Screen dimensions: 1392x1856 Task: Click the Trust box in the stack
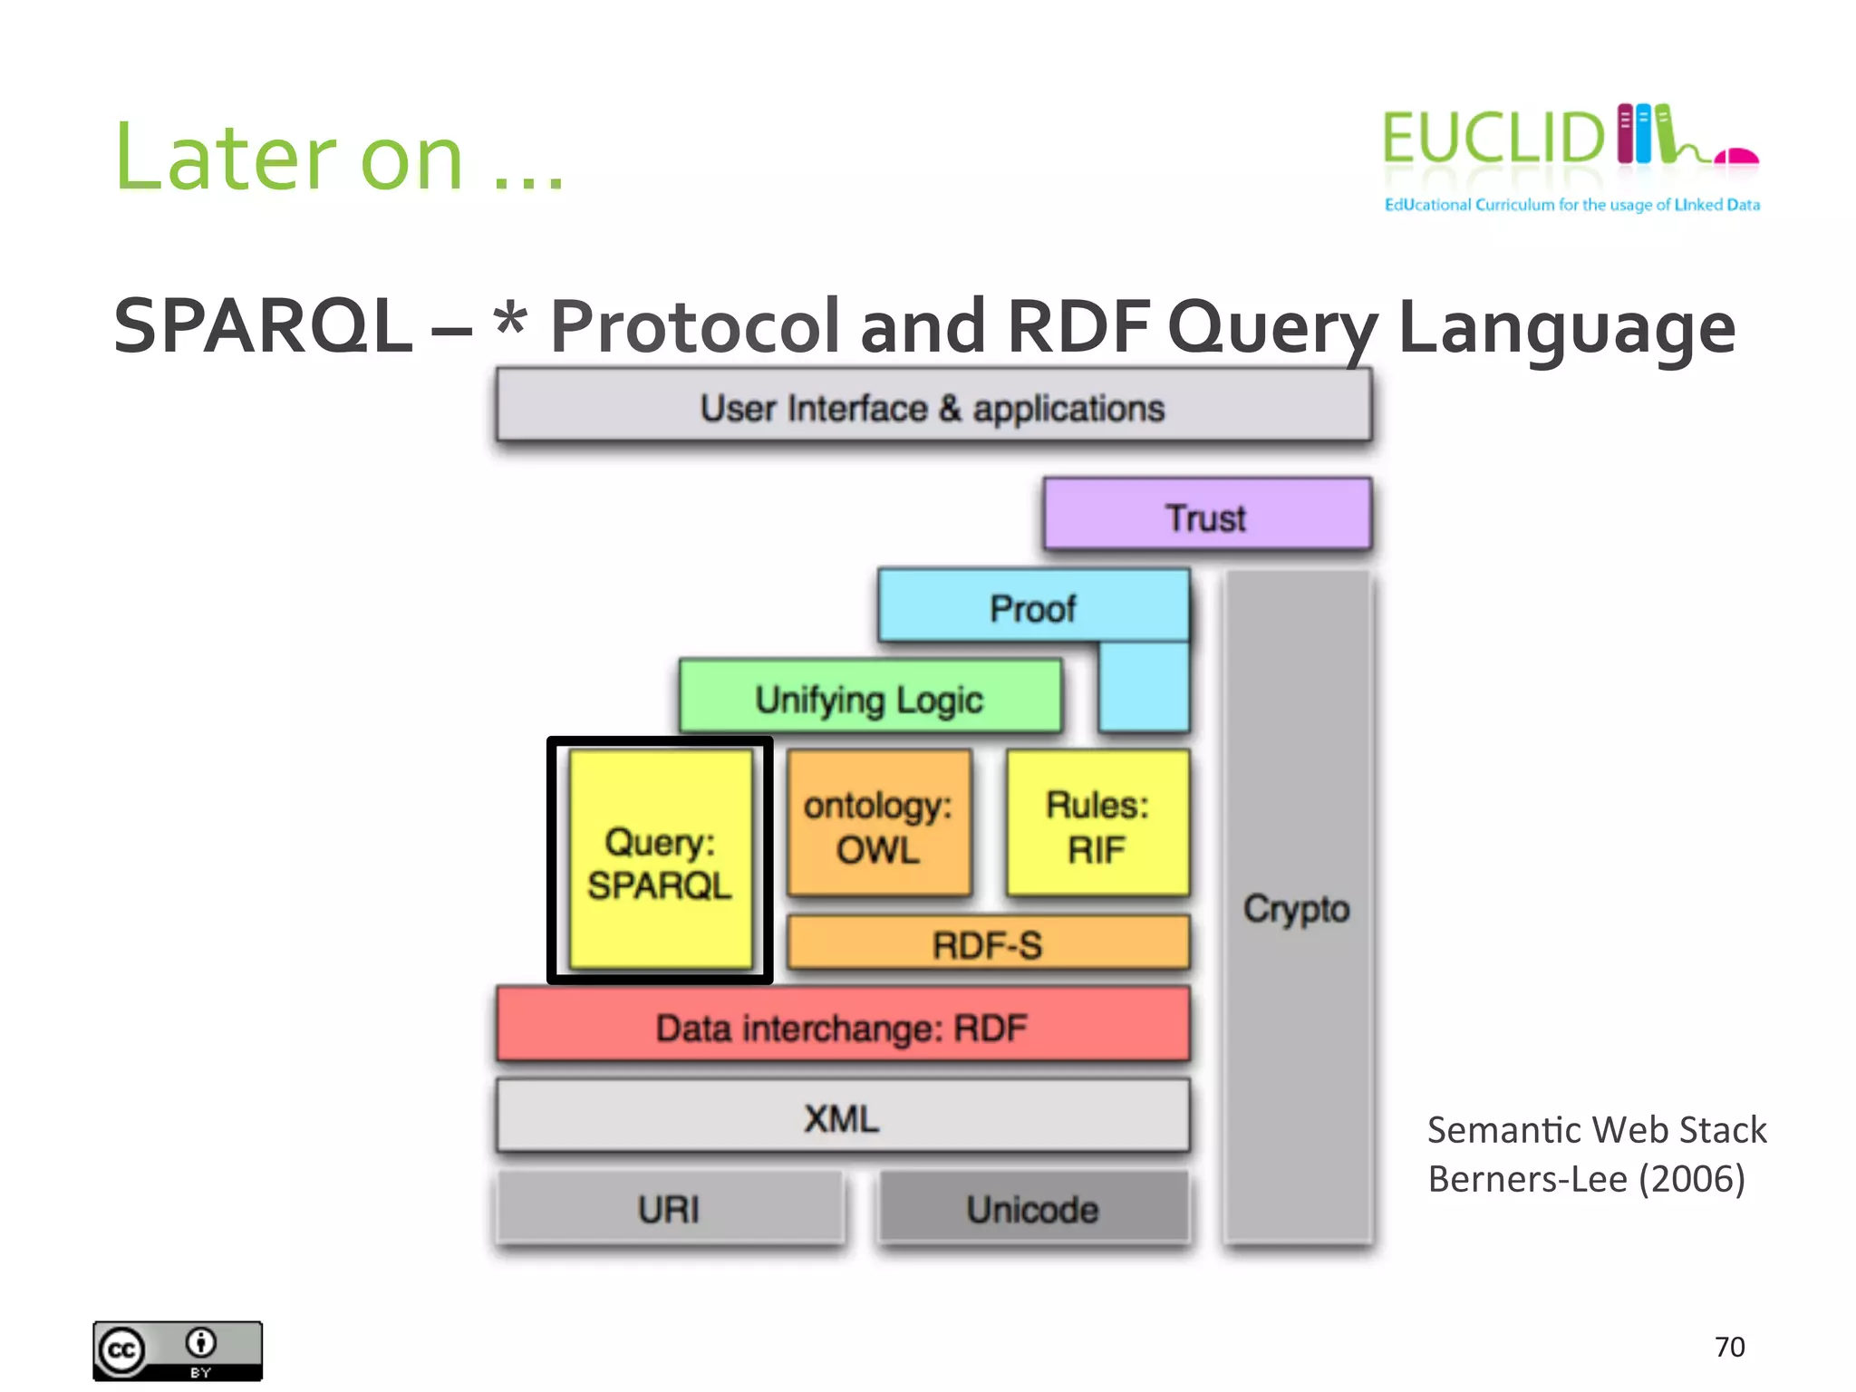click(x=1206, y=515)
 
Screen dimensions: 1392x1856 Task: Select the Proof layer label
click(x=1032, y=608)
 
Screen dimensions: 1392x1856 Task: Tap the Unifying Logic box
click(x=870, y=698)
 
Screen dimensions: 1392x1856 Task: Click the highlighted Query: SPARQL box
click(x=660, y=861)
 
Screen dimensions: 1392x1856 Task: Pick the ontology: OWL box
click(x=878, y=825)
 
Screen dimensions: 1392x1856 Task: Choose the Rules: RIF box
click(x=1097, y=825)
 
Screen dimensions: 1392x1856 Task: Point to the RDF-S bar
click(x=988, y=943)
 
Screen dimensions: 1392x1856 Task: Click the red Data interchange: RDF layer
click(x=842, y=1027)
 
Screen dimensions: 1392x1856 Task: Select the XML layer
click(x=842, y=1117)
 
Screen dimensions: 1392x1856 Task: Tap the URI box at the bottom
click(x=669, y=1208)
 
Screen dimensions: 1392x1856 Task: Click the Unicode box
click(x=1032, y=1208)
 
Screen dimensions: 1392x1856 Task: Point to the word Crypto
click(x=1296, y=908)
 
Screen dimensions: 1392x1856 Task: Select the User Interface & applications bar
click(x=933, y=407)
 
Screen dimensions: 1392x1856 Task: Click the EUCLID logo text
click(x=1493, y=139)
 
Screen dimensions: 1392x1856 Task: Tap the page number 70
click(x=1729, y=1347)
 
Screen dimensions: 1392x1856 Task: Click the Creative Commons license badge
click(x=178, y=1350)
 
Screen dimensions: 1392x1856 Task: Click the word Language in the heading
click(x=1567, y=328)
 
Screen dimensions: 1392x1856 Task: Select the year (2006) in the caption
click(x=1691, y=1179)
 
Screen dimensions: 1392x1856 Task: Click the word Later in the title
click(x=227, y=159)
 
